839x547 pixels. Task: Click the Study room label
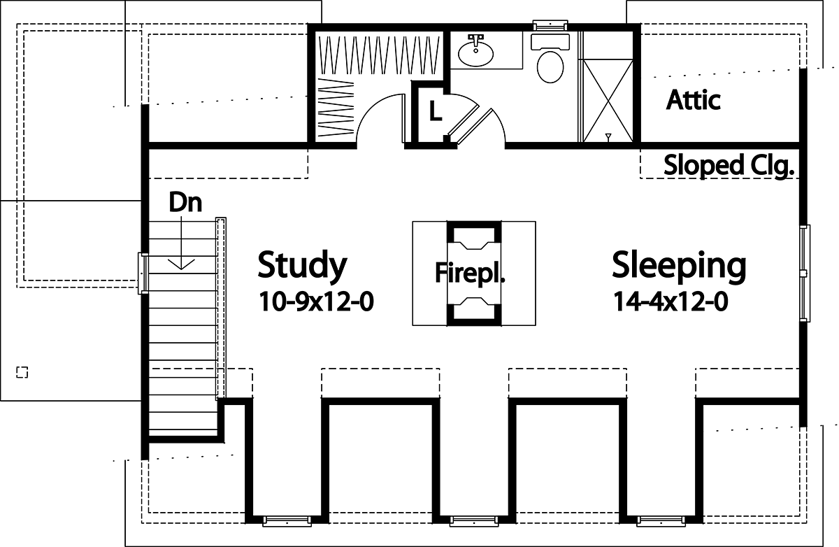[302, 265]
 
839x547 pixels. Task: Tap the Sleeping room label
[678, 266]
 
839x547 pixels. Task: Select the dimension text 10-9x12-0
[316, 301]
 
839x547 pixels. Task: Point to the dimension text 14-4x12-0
[671, 301]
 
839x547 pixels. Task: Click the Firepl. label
[470, 273]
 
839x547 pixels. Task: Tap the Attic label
[693, 100]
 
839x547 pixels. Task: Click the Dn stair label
[185, 203]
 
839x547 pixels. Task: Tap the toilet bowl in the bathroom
[551, 66]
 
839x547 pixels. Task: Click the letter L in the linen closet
[435, 111]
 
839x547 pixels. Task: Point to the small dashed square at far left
[22, 371]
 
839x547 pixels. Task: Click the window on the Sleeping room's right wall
[805, 273]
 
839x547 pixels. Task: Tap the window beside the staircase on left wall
[143, 271]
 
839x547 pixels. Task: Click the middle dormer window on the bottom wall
[474, 520]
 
